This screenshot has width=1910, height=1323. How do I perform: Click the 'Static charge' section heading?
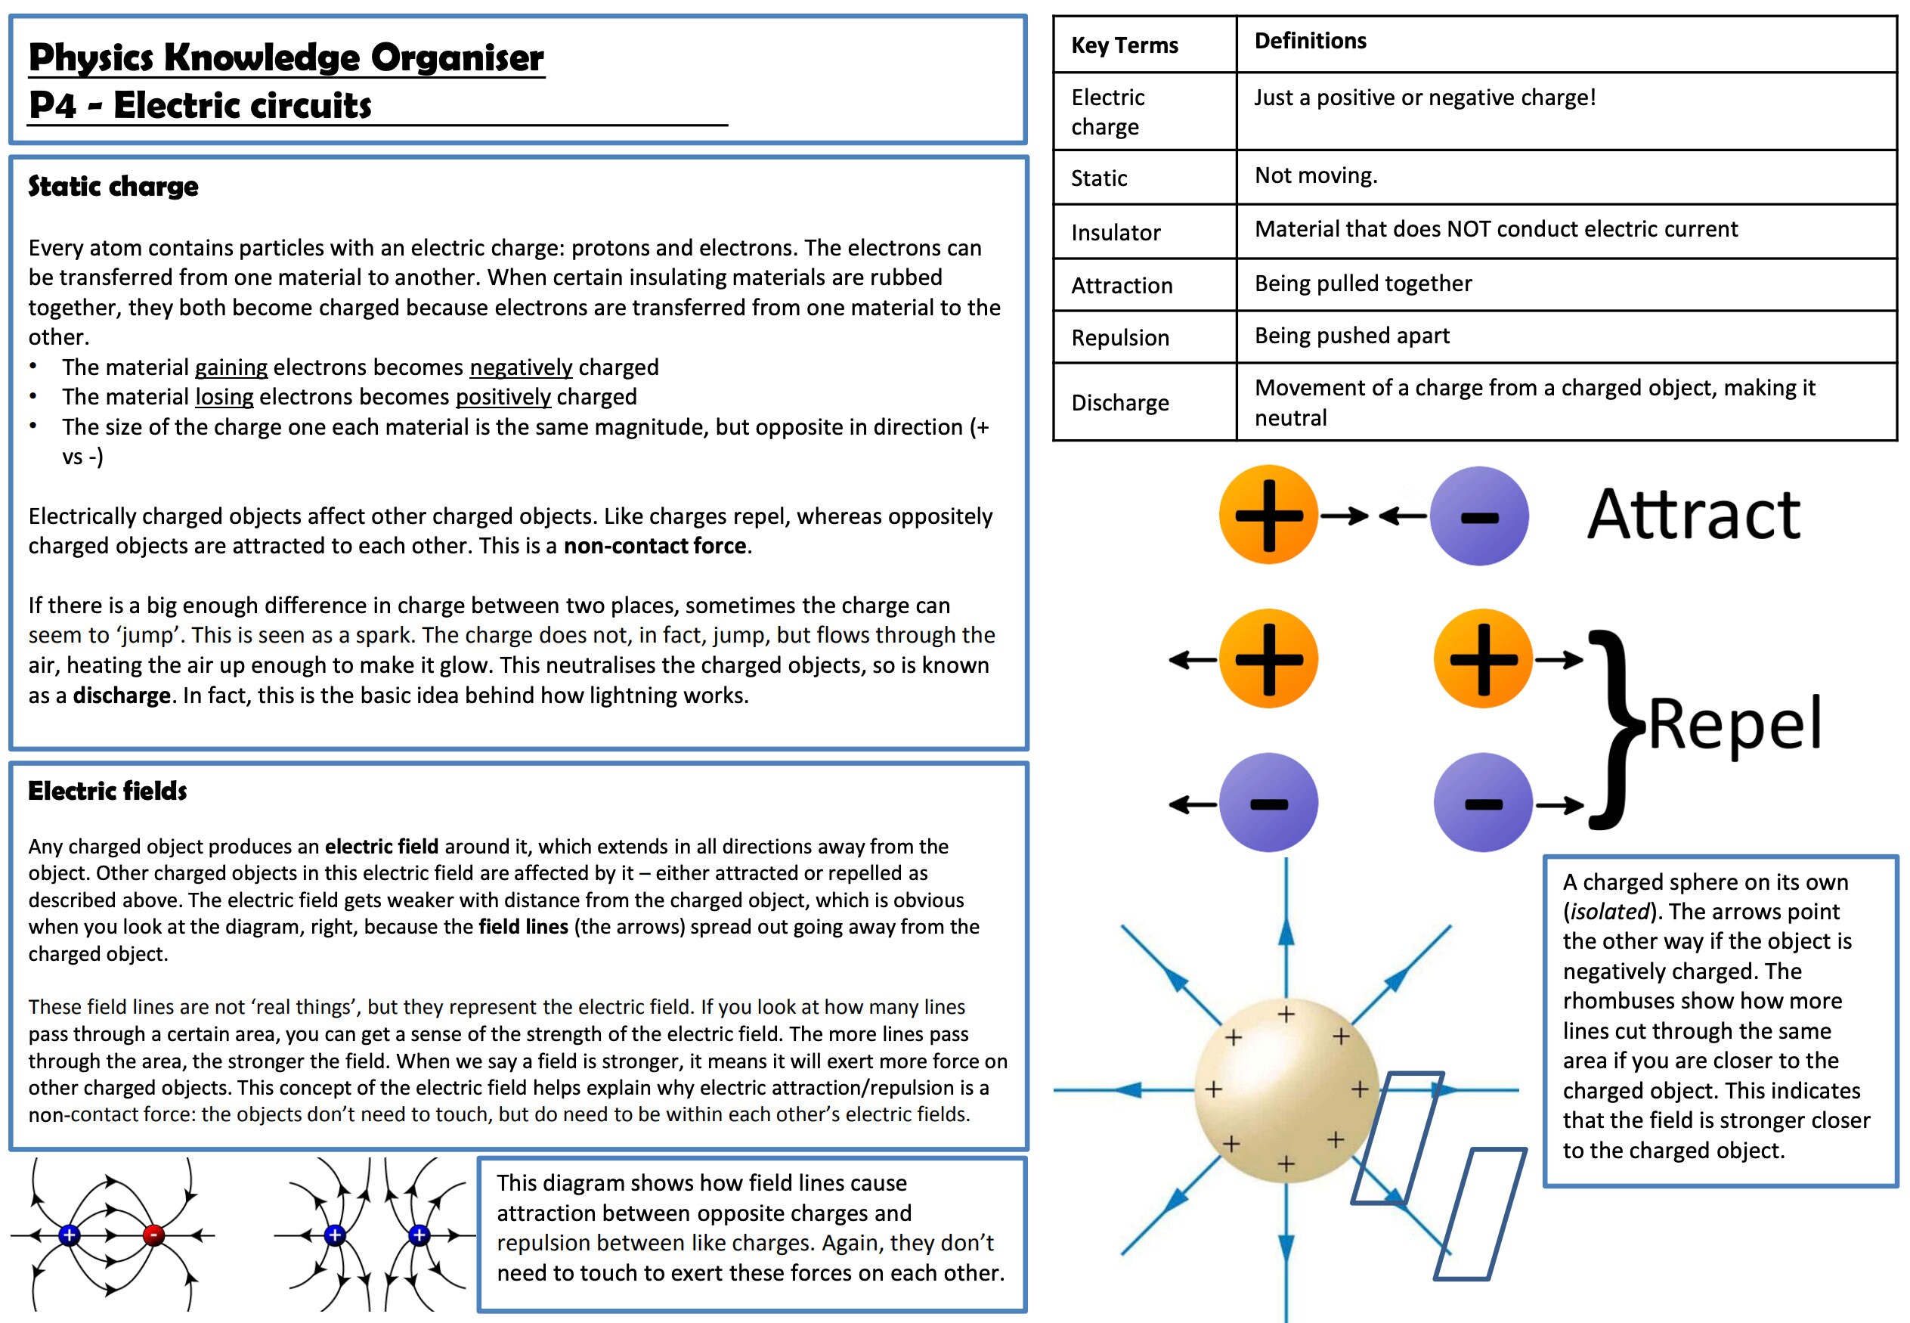coord(113,187)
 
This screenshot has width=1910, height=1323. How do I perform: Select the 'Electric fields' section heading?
coord(108,791)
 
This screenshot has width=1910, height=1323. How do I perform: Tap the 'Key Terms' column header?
coord(1125,45)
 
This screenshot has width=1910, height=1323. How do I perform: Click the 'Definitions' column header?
coord(1310,41)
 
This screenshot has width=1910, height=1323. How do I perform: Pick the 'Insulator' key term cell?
coord(1116,233)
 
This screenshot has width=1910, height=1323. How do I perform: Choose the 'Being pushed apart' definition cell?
coord(1351,336)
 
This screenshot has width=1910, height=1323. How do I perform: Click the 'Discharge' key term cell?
coord(1119,403)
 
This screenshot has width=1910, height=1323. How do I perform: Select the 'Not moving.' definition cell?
coord(1316,175)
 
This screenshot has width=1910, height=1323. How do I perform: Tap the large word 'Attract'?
coord(1693,515)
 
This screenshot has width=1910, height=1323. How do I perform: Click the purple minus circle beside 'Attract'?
coord(1479,516)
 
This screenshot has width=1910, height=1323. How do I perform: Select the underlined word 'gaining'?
coord(231,367)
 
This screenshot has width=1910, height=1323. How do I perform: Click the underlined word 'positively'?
coord(503,397)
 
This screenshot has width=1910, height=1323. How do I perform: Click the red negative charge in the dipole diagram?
coord(153,1235)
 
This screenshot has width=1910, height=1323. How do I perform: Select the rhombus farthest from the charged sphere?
coord(1480,1214)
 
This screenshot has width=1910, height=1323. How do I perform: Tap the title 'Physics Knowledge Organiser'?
coord(286,58)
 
